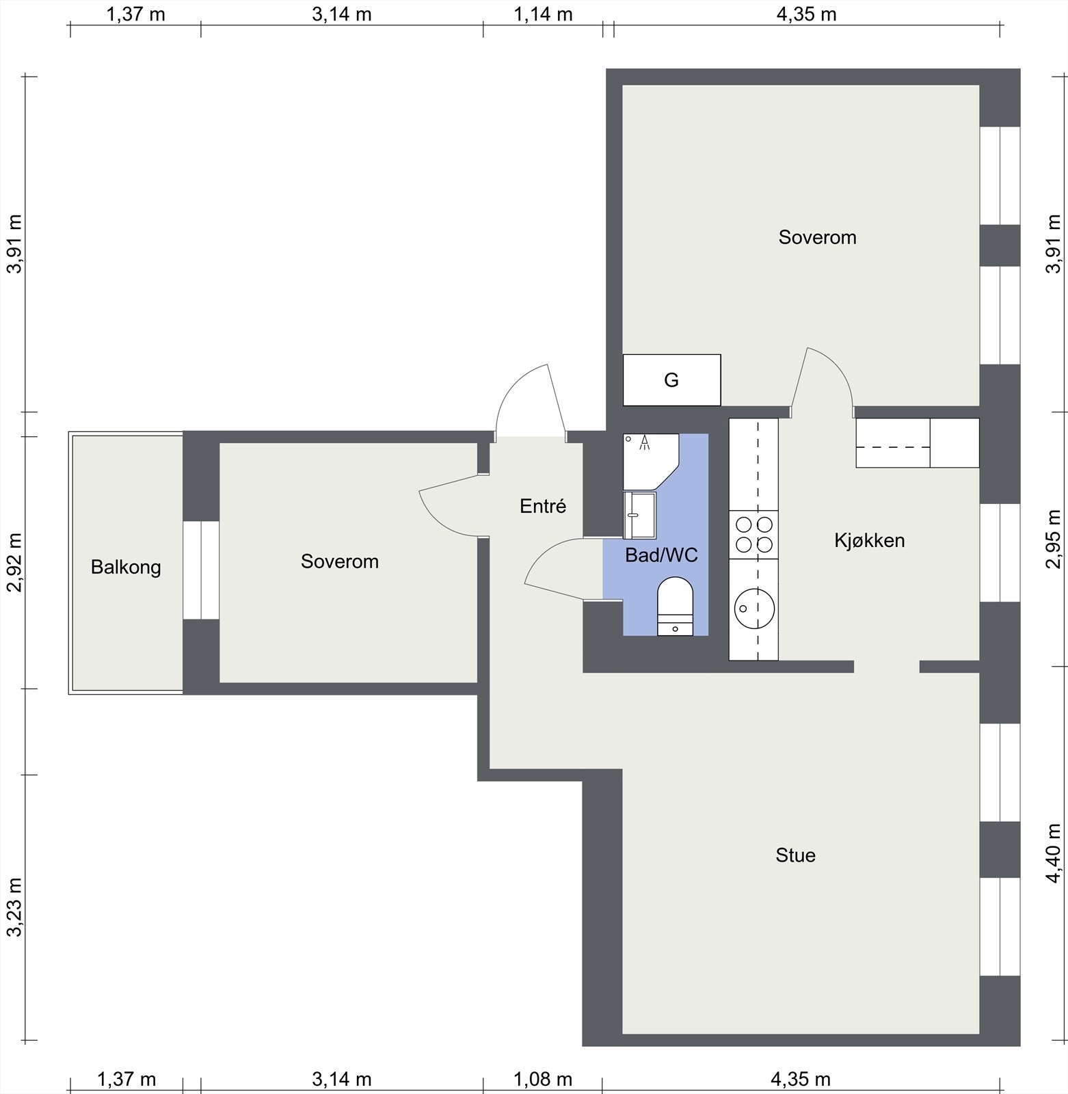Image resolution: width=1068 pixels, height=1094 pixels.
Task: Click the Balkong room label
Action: [x=126, y=568]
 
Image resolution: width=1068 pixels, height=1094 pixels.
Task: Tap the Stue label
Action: [x=795, y=855]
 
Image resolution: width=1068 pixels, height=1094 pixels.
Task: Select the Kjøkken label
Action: [x=869, y=540]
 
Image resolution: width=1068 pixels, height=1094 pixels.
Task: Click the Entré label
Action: [x=543, y=506]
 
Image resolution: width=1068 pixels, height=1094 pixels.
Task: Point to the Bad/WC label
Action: [x=661, y=555]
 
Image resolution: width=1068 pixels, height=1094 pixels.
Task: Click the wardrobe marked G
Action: [x=671, y=379]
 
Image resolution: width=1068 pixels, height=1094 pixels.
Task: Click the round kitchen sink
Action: [x=754, y=606]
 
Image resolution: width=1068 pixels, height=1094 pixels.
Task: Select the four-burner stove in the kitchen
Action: [x=753, y=535]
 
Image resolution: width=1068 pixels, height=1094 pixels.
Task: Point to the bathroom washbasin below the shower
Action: [x=639, y=515]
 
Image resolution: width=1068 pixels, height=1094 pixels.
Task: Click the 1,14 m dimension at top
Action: [x=543, y=14]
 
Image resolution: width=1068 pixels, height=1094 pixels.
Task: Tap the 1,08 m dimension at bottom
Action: [x=543, y=1080]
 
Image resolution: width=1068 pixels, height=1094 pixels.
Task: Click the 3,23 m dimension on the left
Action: [x=14, y=907]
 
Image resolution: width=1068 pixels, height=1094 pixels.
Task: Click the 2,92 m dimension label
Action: [x=14, y=561]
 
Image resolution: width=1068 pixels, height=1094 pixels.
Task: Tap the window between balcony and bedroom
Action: [x=201, y=570]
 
